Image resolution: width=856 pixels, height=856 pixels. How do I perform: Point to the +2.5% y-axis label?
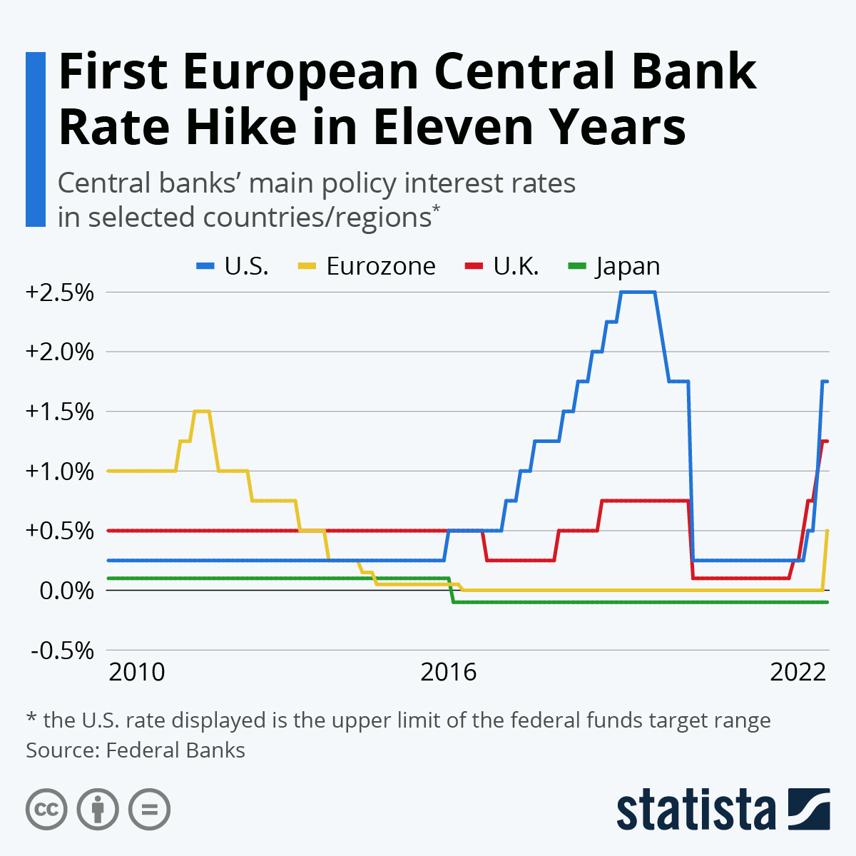60,292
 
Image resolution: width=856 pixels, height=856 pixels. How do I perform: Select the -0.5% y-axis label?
63,651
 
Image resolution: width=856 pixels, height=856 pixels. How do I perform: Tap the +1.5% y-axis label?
60,412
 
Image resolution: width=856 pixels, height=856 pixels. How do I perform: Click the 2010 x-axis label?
137,672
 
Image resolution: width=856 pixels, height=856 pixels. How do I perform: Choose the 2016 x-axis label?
449,672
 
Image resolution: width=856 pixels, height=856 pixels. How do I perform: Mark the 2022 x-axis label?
798,672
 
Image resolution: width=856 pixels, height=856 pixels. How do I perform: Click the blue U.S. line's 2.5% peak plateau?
638,292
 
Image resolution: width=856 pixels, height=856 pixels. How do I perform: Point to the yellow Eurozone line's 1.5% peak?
202,411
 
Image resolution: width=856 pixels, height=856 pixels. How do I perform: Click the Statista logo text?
695,810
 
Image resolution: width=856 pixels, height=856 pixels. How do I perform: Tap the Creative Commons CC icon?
46,810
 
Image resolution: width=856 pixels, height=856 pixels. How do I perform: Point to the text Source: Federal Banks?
136,750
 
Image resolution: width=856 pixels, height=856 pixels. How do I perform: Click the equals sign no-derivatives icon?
149,810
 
